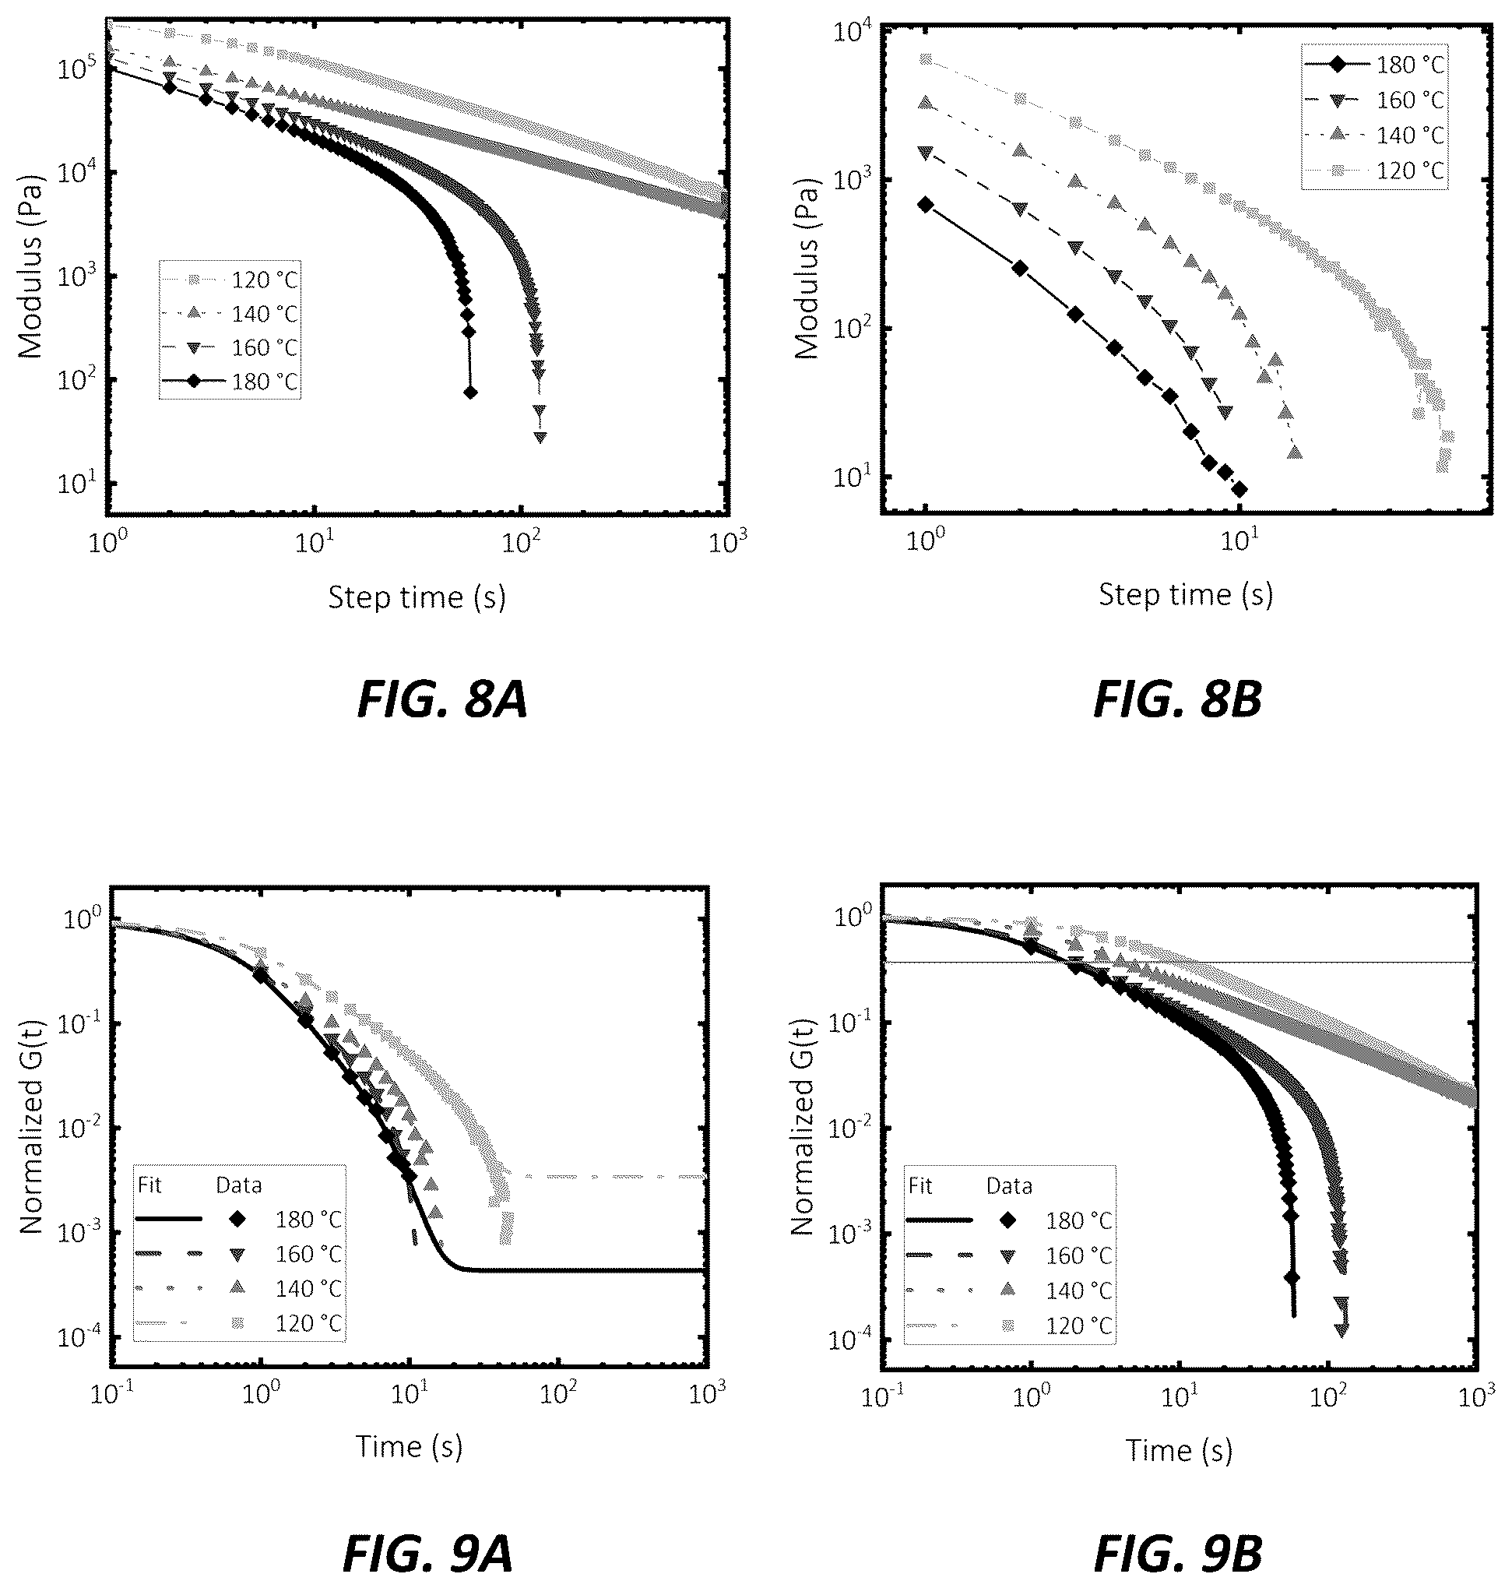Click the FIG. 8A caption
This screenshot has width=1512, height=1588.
(x=441, y=699)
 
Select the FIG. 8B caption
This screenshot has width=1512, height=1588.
(x=1177, y=699)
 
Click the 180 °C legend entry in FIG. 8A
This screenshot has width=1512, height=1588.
(x=230, y=382)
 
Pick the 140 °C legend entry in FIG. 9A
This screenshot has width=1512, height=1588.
(x=240, y=1288)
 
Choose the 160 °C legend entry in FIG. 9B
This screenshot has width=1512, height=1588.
(x=1010, y=1255)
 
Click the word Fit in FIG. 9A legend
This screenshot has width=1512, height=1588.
(x=150, y=1185)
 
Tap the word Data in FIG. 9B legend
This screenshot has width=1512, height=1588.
(x=1009, y=1186)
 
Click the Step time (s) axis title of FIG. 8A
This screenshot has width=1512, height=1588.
(x=417, y=597)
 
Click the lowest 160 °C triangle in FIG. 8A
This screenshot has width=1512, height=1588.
(x=540, y=437)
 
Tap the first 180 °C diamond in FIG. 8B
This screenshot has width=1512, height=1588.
(x=925, y=205)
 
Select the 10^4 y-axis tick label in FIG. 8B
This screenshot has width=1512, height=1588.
(x=851, y=33)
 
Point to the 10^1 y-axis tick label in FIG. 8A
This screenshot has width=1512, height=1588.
(x=76, y=484)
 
